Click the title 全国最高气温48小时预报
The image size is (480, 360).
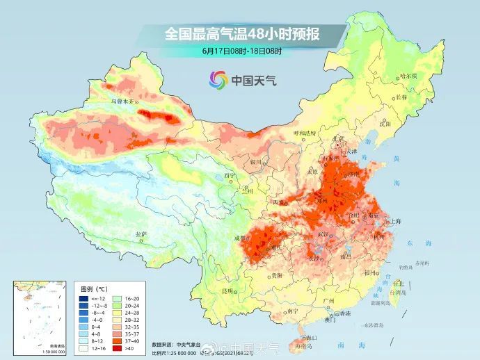coord(240,33)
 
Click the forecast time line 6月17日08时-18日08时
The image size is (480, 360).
coord(240,51)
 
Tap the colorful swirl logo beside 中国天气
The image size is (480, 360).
coord(218,80)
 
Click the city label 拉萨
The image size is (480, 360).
coord(142,234)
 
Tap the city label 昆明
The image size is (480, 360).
coord(227,290)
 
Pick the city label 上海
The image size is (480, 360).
coord(396,221)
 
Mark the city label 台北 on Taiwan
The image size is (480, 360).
coord(397,284)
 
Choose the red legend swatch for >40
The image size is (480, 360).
coord(120,347)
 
